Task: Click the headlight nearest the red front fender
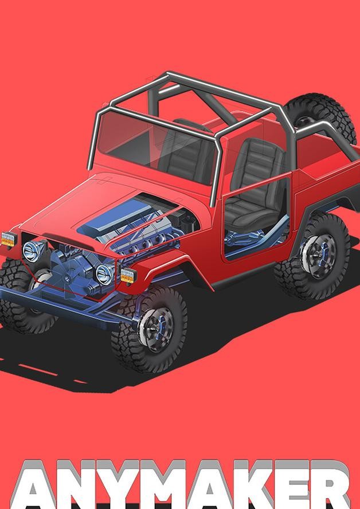[105, 273]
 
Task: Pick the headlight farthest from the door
[33, 251]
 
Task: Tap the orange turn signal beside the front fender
[128, 276]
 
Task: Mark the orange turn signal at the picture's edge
[9, 239]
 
